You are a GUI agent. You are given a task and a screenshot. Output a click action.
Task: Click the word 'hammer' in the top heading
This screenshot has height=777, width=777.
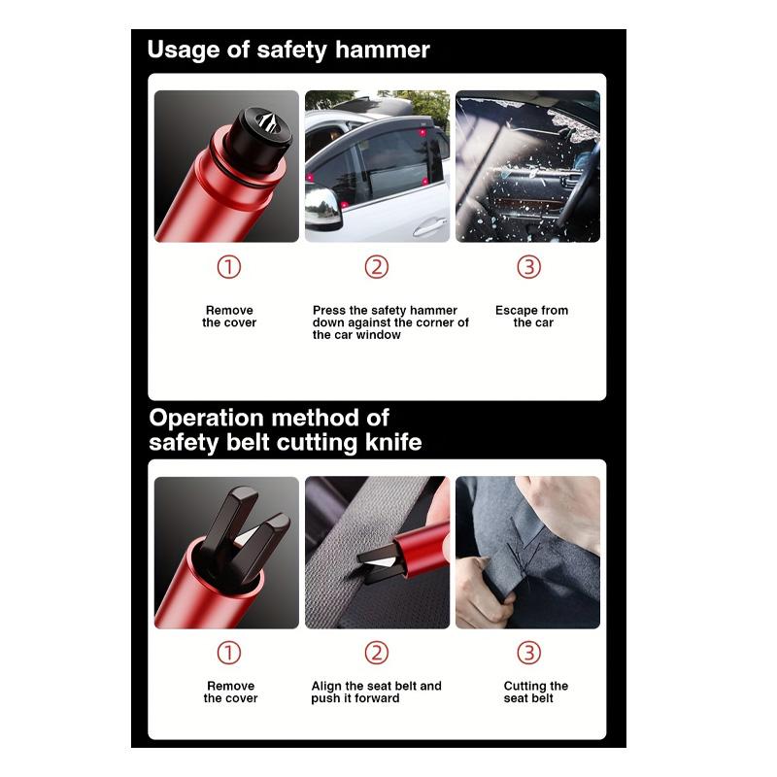coord(382,50)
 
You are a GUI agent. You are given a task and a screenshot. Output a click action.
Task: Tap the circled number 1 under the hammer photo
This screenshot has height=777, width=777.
coord(229,266)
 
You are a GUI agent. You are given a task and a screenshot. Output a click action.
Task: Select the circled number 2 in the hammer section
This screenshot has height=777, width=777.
coord(377,266)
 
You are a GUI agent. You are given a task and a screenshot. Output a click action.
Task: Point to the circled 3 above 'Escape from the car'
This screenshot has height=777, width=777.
coord(528,266)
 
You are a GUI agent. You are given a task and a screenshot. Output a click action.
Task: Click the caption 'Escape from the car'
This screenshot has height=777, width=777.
coord(531,317)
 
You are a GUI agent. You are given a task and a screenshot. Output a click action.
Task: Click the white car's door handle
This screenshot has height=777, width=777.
coord(430,227)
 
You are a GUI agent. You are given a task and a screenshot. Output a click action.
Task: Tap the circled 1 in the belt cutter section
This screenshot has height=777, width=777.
coord(229,653)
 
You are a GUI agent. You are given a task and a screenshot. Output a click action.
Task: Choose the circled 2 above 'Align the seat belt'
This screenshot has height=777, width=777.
coord(377,653)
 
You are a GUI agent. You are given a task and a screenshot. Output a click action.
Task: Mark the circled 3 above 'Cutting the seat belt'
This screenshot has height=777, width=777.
coord(528,653)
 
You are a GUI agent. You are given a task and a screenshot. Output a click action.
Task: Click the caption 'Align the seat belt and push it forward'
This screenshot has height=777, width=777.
coord(376,692)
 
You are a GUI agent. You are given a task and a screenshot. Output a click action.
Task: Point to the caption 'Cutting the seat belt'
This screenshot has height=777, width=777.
coord(536,692)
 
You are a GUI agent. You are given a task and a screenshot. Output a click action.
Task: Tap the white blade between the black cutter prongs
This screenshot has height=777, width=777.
coord(248,537)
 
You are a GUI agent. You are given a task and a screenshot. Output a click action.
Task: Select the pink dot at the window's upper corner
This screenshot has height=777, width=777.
coord(422,132)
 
